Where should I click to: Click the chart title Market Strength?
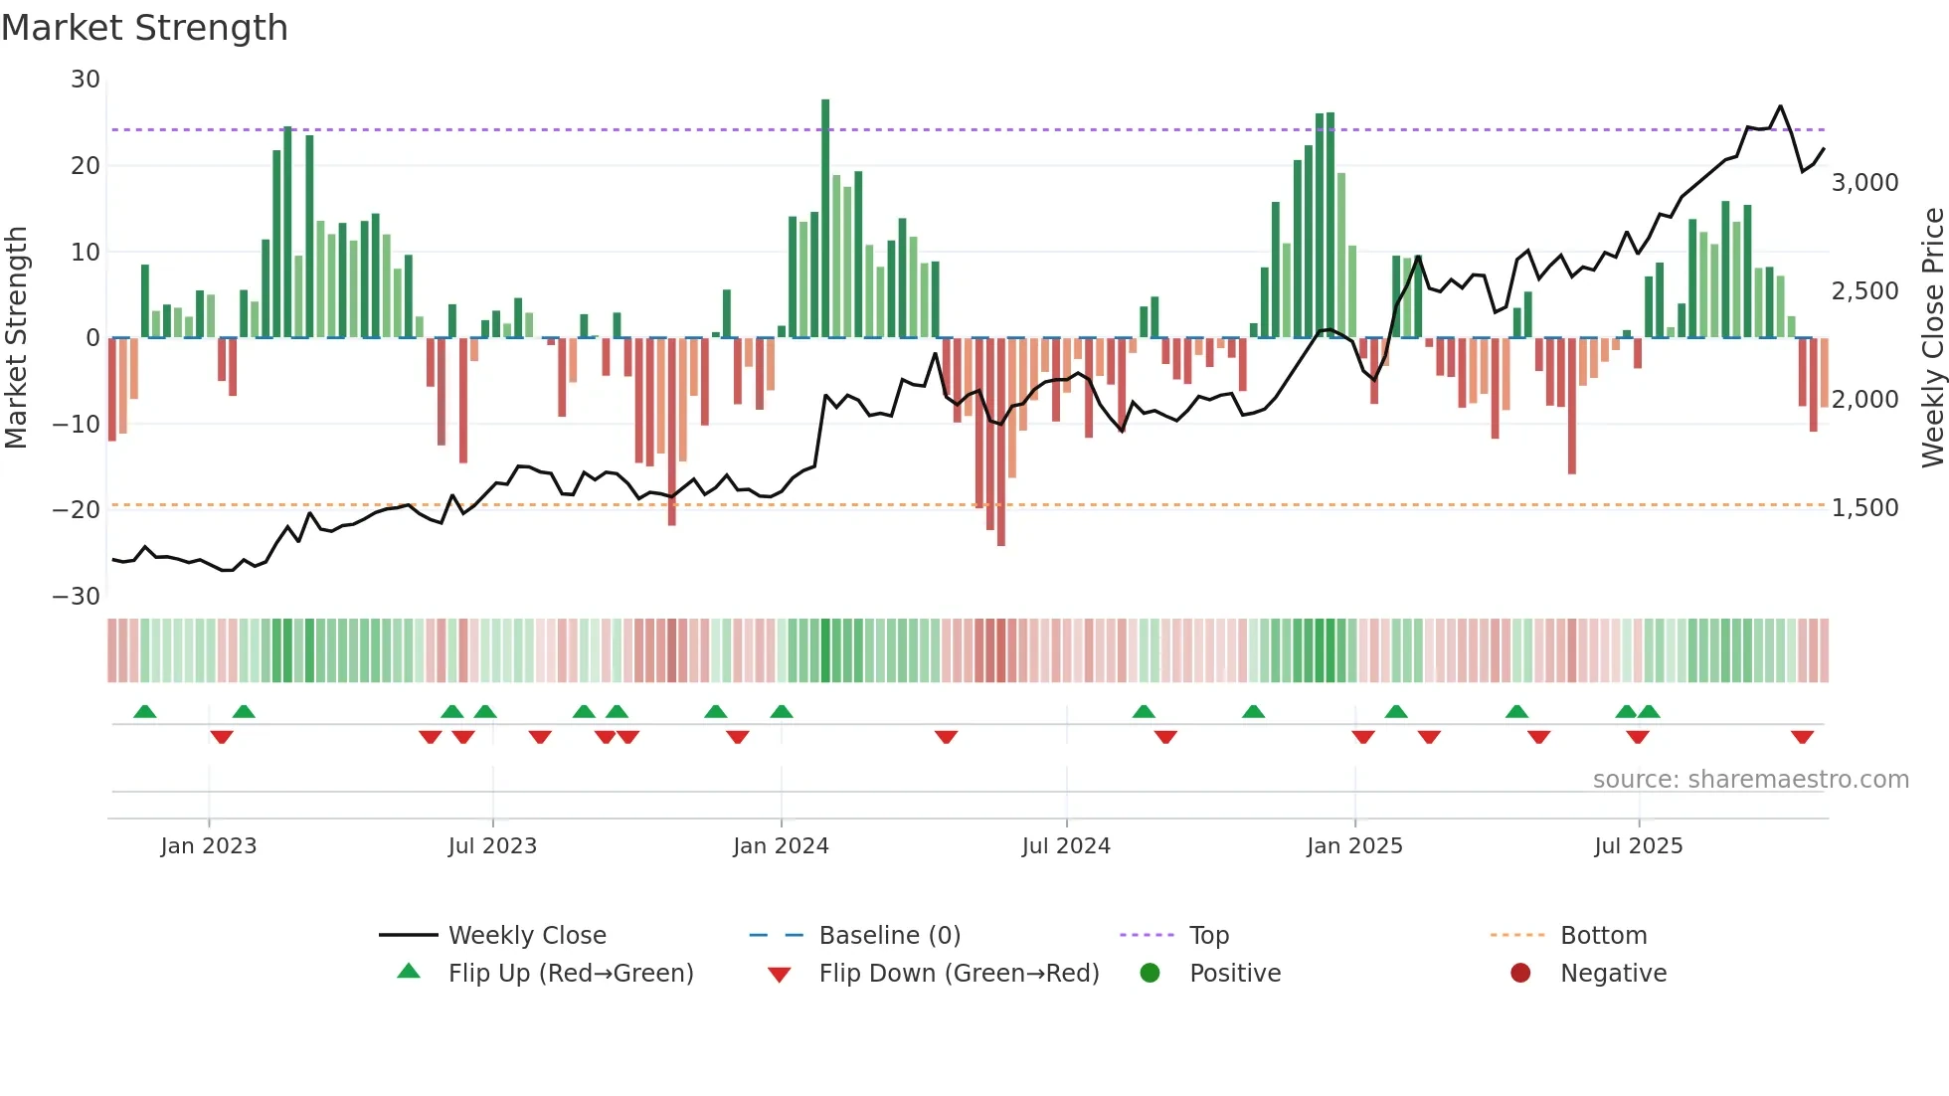click(x=144, y=28)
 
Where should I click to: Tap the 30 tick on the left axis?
click(x=86, y=80)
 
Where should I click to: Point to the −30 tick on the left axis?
click(x=77, y=597)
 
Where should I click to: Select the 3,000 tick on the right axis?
click(x=1864, y=183)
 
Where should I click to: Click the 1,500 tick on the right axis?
click(x=1864, y=508)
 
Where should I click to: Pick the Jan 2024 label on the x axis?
click(x=781, y=846)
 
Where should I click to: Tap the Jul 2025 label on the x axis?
click(x=1638, y=846)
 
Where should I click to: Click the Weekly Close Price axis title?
click(x=1932, y=338)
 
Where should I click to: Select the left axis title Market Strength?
click(x=16, y=338)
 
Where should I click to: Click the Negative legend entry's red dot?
click(x=1520, y=974)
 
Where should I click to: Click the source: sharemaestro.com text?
click(x=1750, y=780)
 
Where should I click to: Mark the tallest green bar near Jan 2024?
click(x=825, y=219)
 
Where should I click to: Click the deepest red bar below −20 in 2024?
click(x=1001, y=443)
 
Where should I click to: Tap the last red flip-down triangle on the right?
click(x=1802, y=737)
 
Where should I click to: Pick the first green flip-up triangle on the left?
click(x=145, y=711)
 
